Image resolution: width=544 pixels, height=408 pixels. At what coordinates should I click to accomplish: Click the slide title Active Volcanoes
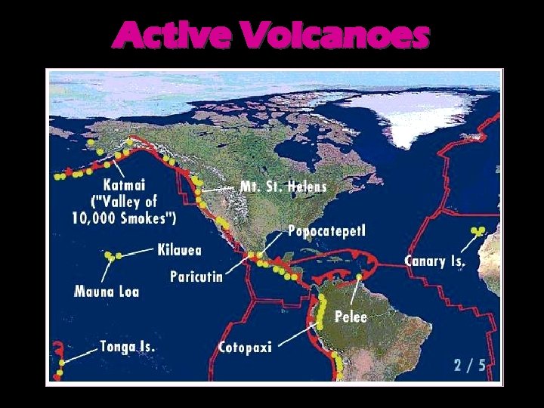pos(271,36)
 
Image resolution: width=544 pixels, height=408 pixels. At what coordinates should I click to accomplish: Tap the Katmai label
pos(125,184)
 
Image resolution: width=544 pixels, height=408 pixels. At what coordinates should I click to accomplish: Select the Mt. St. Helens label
pos(283,186)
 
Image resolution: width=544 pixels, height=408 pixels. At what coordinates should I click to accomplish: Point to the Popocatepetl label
pos(326,230)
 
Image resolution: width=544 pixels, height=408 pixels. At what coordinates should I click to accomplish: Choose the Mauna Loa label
pos(107,291)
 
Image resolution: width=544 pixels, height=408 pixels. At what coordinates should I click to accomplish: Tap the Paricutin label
pos(196,277)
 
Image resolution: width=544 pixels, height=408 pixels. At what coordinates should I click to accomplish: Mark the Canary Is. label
pos(435,261)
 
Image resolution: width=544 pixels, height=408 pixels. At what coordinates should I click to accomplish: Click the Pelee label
pos(351,316)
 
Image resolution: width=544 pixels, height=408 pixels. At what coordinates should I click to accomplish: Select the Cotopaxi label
pos(244,347)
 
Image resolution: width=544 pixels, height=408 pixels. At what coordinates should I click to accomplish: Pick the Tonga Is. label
pos(128,347)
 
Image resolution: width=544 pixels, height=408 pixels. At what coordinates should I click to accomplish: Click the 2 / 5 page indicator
pos(469,365)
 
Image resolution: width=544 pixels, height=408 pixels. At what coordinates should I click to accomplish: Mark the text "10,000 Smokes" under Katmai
pos(125,218)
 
